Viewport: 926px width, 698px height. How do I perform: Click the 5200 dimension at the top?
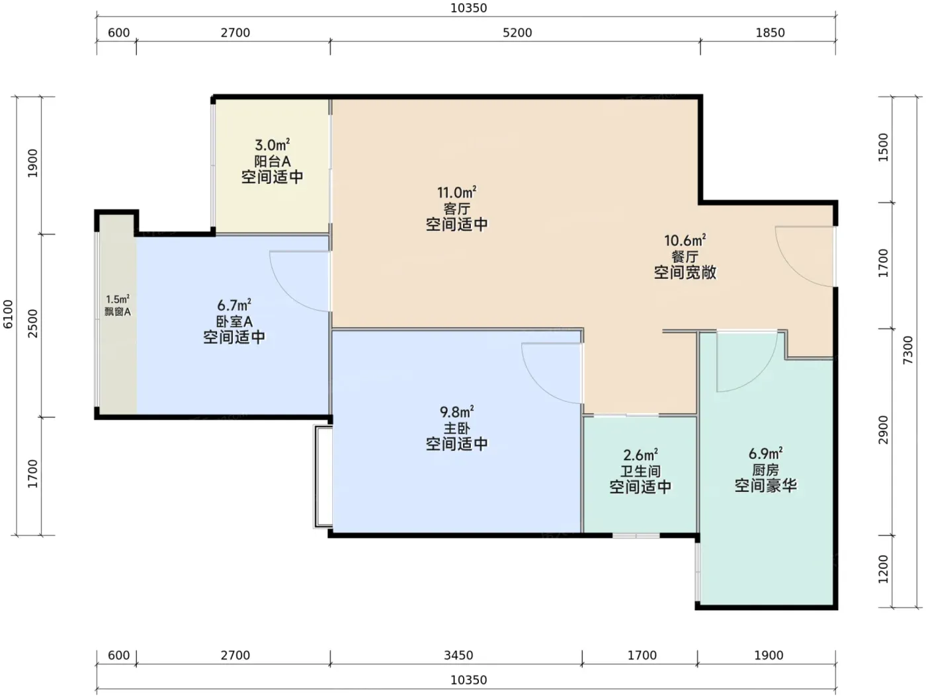pyautogui.click(x=517, y=33)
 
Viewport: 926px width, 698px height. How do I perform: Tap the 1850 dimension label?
pyautogui.click(x=770, y=33)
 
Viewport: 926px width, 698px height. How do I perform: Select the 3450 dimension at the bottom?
pyautogui.click(x=458, y=656)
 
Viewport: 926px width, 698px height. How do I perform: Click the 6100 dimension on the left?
pyautogui.click(x=8, y=315)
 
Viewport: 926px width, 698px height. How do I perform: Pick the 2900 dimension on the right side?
pyautogui.click(x=883, y=430)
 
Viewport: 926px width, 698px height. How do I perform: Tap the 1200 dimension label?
pyautogui.click(x=883, y=570)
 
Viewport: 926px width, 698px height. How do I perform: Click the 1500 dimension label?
pyautogui.click(x=883, y=147)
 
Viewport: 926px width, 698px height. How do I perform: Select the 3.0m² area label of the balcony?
pyautogui.click(x=272, y=145)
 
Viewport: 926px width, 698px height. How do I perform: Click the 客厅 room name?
pyautogui.click(x=457, y=209)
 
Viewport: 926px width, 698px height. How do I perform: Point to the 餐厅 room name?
pyautogui.click(x=685, y=256)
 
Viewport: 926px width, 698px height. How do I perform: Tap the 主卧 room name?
pyautogui.click(x=457, y=428)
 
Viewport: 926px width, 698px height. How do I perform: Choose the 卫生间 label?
pyautogui.click(x=640, y=471)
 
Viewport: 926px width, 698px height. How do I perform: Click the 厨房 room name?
pyautogui.click(x=766, y=470)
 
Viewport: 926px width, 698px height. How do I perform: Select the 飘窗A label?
pyautogui.click(x=118, y=312)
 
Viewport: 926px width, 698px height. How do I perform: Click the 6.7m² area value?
pyautogui.click(x=234, y=305)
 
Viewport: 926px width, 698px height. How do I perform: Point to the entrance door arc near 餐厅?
pyautogui.click(x=794, y=270)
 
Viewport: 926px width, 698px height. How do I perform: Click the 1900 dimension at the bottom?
pyautogui.click(x=769, y=656)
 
